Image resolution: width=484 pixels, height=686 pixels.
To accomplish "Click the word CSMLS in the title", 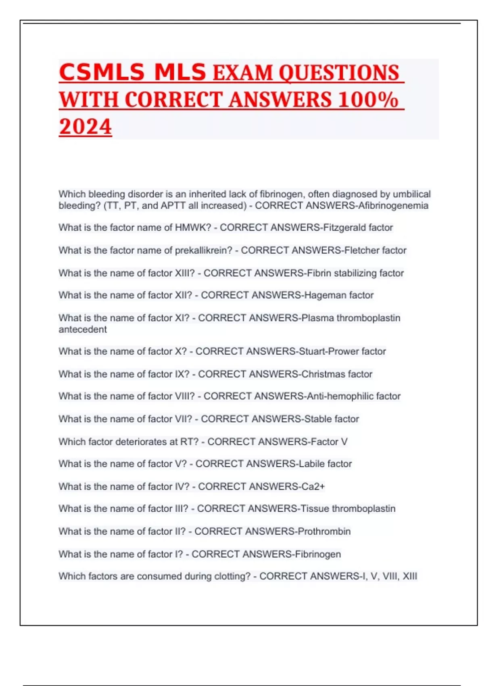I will click(x=102, y=73).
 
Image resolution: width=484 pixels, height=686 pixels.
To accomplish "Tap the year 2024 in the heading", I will click(x=85, y=127).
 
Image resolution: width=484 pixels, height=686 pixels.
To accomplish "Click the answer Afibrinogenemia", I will click(x=393, y=205).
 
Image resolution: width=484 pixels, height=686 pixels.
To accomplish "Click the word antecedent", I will click(x=83, y=329).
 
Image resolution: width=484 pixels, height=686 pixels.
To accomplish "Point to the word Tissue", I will click(x=315, y=508).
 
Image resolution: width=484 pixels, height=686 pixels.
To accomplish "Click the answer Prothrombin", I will click(x=324, y=531).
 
